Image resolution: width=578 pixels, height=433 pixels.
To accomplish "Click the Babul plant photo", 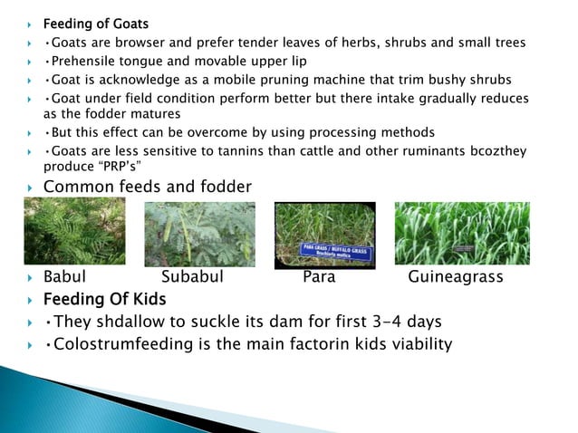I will point(75,232).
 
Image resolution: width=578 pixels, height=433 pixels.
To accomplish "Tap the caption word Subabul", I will point(192,277).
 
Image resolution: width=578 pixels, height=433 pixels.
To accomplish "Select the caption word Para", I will point(319,277).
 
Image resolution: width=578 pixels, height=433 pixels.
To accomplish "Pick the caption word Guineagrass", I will point(455,277).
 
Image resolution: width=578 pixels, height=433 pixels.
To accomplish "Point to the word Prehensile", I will point(87,62).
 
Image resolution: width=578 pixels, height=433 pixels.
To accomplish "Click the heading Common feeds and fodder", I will point(147,188).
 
